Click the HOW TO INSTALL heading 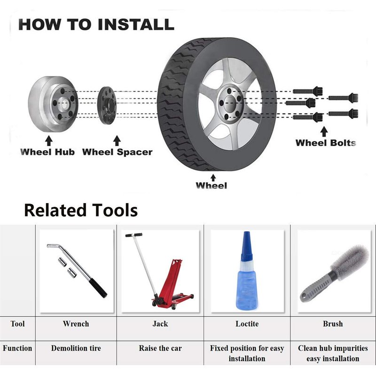point(96,24)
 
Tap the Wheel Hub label point(47,152)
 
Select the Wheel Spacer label point(117,152)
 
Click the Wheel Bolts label point(326,143)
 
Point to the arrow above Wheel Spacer point(117,141)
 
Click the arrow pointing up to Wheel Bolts point(324,132)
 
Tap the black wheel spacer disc point(107,105)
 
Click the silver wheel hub point(53,104)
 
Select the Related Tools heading point(81,210)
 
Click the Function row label point(17,348)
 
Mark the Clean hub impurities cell point(333,353)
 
